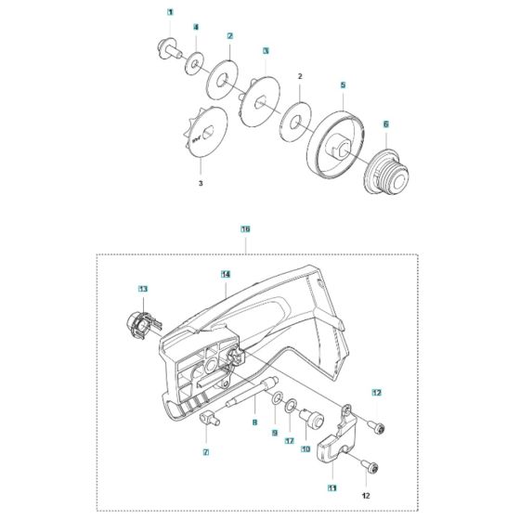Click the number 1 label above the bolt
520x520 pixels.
(x=170, y=11)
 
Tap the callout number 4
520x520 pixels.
(x=196, y=28)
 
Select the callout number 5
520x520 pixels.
(x=343, y=84)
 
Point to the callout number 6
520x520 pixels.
(x=386, y=123)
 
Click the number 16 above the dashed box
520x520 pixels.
(x=245, y=228)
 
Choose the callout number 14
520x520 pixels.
(x=226, y=274)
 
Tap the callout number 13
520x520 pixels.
(x=143, y=291)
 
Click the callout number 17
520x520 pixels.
(x=290, y=440)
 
